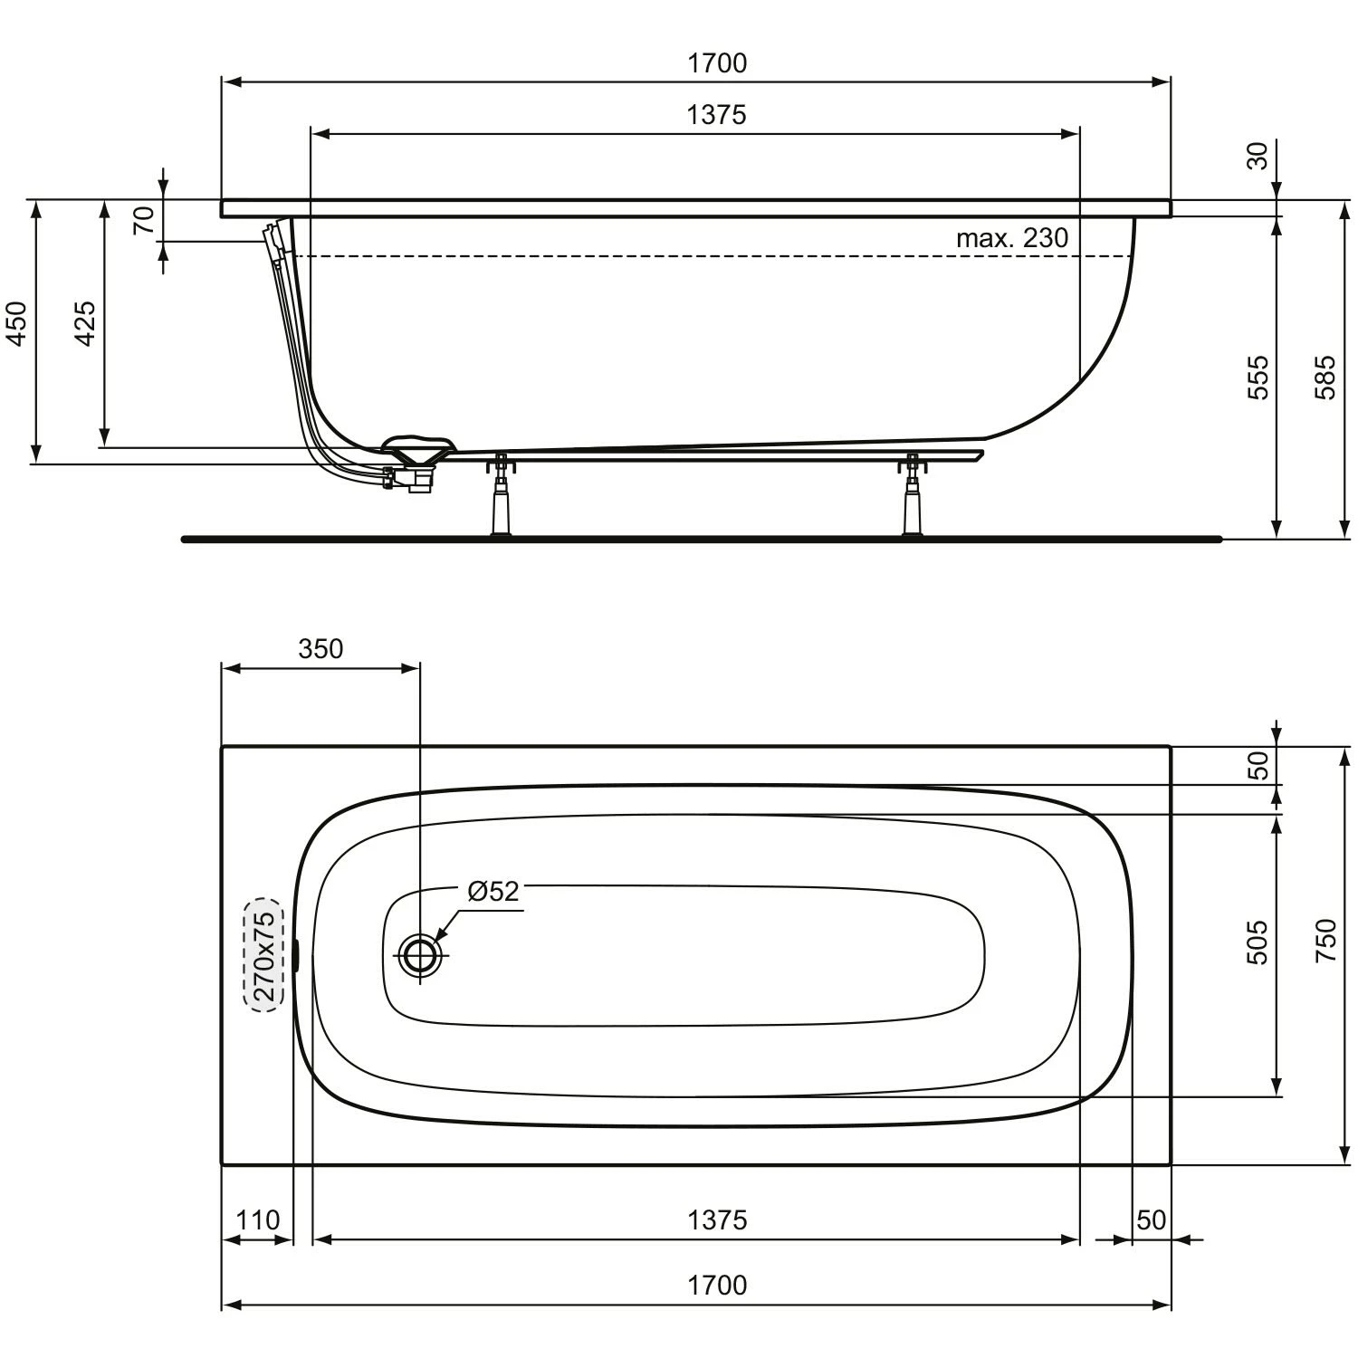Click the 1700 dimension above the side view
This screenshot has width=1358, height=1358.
[716, 63]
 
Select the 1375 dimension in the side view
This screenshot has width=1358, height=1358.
[716, 115]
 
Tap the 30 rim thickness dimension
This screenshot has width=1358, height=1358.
[1258, 156]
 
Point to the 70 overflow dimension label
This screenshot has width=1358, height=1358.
[144, 220]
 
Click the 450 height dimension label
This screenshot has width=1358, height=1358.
[17, 323]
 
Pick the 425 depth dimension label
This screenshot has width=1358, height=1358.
[85, 323]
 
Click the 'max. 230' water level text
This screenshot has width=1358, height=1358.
[1012, 238]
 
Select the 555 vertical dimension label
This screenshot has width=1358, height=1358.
[1258, 378]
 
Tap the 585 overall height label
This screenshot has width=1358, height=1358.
[1325, 378]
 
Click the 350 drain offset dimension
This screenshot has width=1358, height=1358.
[320, 649]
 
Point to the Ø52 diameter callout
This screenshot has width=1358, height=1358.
[493, 892]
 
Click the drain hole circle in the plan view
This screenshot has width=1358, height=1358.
[420, 955]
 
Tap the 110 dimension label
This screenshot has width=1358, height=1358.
[258, 1220]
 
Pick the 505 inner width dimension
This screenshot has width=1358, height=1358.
[1258, 942]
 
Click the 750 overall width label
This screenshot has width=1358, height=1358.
[1325, 941]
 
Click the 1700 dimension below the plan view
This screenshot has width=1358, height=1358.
[716, 1286]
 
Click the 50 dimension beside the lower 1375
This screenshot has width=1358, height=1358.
[1151, 1220]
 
